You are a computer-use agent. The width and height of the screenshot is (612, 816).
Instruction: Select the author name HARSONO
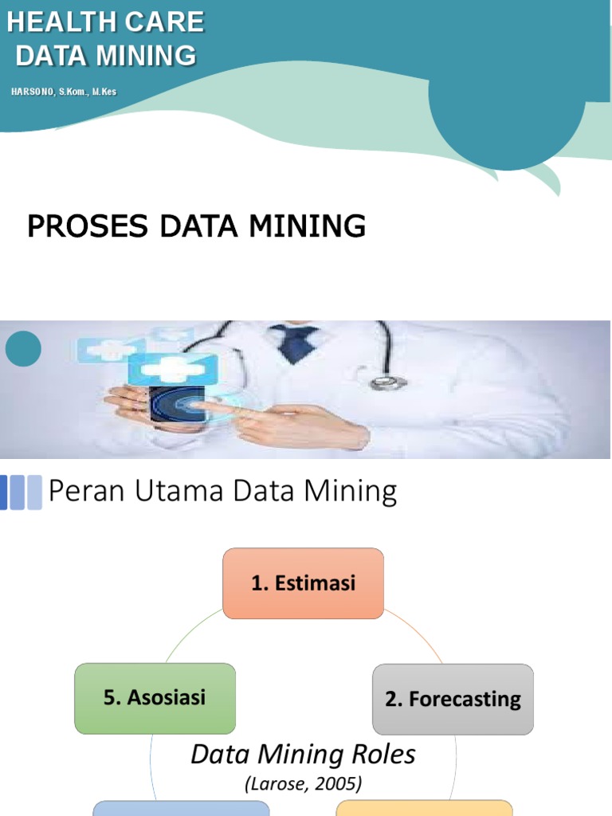pos(33,92)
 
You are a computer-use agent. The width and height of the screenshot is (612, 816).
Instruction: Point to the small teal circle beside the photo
pos(22,348)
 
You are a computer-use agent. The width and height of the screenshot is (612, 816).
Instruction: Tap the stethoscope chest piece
pos(388,382)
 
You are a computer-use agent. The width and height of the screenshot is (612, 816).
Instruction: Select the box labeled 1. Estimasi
pos(303,583)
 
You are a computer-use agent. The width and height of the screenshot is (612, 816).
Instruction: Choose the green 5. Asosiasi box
pos(155,698)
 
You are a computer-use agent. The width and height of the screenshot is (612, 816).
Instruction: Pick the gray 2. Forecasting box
pos(453,699)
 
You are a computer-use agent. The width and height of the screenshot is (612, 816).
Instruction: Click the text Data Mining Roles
pos(303,754)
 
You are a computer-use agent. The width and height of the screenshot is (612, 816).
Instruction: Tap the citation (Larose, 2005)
pos(303,784)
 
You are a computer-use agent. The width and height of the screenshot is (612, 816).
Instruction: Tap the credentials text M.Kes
pos(104,92)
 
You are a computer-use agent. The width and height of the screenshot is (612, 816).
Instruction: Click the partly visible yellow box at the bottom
pos(424,808)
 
